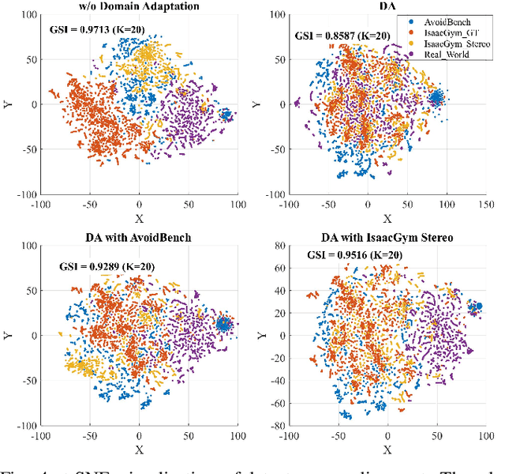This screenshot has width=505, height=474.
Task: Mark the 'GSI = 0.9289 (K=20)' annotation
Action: point(90,265)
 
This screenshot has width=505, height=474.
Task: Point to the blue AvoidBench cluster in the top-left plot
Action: point(226,115)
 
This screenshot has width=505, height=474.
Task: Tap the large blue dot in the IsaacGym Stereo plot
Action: point(478,306)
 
